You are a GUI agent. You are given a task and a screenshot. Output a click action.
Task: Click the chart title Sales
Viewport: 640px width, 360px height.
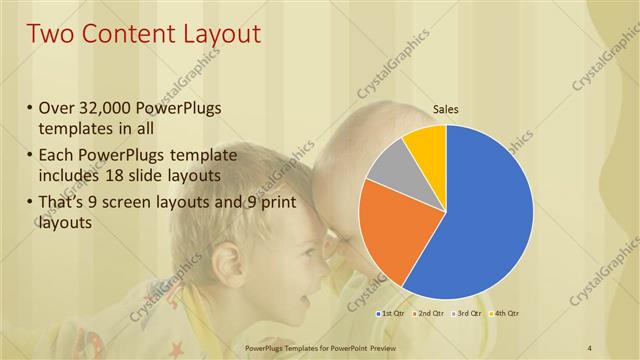445,110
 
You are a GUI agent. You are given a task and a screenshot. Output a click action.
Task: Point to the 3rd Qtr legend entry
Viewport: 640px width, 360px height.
467,314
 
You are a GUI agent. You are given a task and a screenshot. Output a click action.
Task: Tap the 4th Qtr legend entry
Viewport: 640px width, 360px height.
505,314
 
